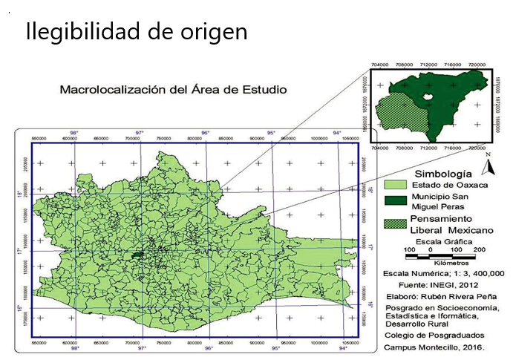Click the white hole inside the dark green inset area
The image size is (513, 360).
click(x=428, y=97)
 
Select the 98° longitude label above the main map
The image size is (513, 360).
click(x=73, y=131)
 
